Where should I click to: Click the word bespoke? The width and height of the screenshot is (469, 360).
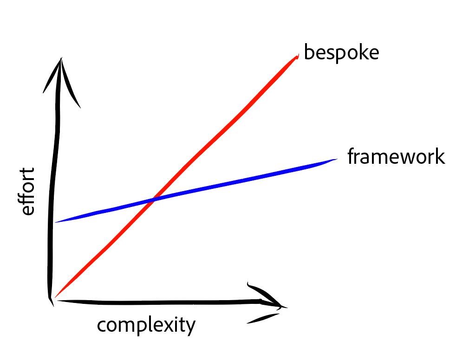point(341,53)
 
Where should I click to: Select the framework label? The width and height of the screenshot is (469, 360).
point(396,156)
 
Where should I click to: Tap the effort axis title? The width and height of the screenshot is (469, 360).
point(27,192)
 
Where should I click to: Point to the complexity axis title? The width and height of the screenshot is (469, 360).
point(146,325)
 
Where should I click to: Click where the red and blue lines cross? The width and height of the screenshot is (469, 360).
point(153,200)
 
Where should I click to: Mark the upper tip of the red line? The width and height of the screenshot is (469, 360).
point(298,55)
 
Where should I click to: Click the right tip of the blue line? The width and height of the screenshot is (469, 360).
point(337,159)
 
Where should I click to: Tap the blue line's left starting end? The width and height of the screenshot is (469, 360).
point(55,222)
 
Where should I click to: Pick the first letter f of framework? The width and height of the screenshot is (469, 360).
point(351,156)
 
